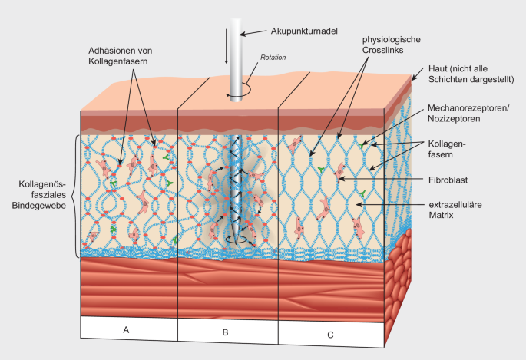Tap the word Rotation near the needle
pyautogui.click(x=273, y=58)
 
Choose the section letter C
pyautogui.click(x=329, y=334)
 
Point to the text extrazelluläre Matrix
pyautogui.click(x=452, y=211)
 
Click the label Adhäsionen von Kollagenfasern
pyautogui.click(x=118, y=55)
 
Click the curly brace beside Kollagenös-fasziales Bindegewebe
pyautogui.click(x=74, y=196)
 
